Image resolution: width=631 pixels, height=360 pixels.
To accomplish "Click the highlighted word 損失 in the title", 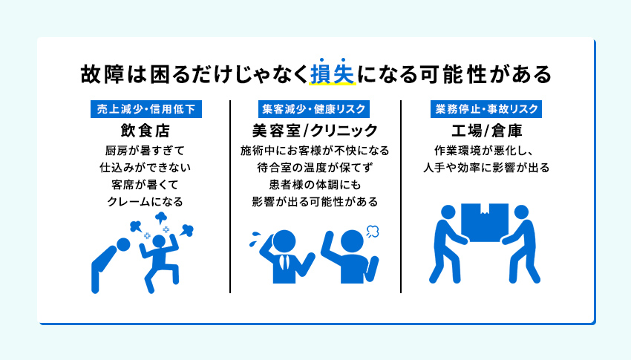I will click(x=333, y=74).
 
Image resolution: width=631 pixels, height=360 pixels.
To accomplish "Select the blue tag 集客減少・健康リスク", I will click(x=314, y=109).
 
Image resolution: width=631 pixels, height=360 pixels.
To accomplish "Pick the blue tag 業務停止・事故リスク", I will click(x=485, y=109).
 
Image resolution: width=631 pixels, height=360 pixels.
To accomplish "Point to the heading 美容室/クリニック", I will click(x=315, y=131).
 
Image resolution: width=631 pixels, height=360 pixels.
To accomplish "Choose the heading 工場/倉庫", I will click(x=485, y=131).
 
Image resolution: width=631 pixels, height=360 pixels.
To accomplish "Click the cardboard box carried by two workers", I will click(x=485, y=220).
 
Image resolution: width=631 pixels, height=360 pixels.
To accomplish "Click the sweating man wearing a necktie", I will click(x=283, y=256).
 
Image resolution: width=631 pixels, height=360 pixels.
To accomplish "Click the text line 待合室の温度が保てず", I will click(x=315, y=167).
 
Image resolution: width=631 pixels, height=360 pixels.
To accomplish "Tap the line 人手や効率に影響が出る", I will click(x=485, y=167).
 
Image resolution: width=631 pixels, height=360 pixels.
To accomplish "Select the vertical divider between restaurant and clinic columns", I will click(x=230, y=197).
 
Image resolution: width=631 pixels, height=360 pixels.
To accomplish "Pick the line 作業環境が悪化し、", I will click(x=485, y=150).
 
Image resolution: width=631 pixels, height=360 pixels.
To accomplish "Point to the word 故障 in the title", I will click(x=99, y=74).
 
